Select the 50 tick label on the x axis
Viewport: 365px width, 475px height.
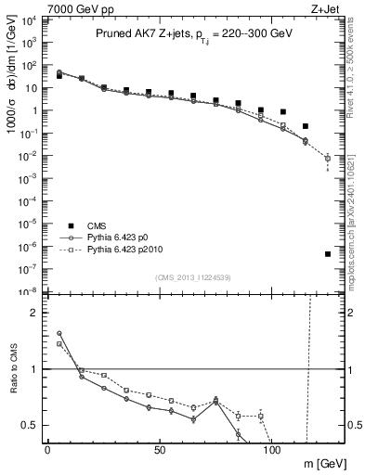[x=160, y=451]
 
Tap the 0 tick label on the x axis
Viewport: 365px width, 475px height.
[x=47, y=451]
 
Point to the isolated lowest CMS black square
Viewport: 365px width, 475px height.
[x=328, y=254]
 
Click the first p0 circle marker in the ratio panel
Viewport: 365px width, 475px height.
[x=59, y=333]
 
